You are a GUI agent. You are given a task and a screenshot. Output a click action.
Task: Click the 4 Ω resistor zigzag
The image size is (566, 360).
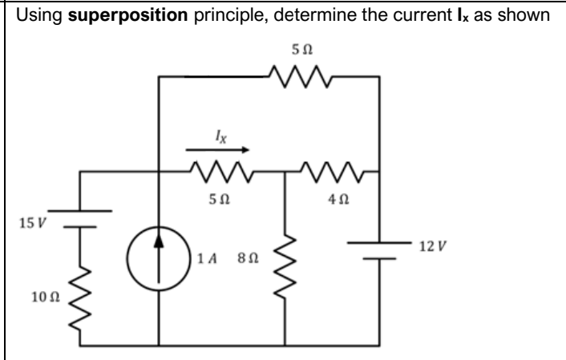point(330,171)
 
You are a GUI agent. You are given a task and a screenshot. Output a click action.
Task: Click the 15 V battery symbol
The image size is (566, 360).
point(81,217)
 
